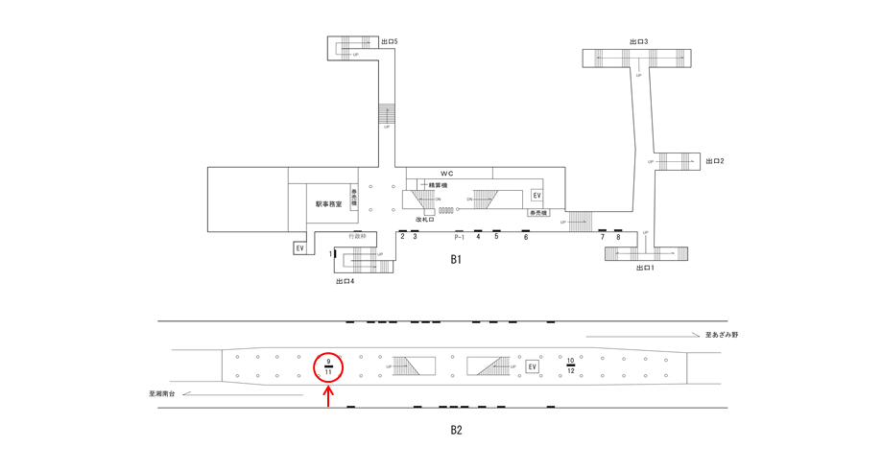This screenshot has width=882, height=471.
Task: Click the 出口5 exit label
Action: click(389, 42)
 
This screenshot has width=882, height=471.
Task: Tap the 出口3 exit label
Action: click(638, 42)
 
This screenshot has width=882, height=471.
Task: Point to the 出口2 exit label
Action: click(715, 161)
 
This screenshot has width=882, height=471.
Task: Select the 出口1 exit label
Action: click(645, 268)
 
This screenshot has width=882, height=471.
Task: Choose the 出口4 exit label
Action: click(346, 281)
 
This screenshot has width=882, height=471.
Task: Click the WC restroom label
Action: click(447, 173)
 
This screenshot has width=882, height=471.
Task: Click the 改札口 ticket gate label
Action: click(425, 220)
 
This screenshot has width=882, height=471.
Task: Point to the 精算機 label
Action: click(440, 185)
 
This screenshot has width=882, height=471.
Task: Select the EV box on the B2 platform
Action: click(533, 366)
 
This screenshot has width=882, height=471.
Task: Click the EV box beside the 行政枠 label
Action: click(299, 248)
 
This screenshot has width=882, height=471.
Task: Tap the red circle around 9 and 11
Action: click(329, 365)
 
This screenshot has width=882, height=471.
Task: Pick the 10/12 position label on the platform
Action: click(571, 365)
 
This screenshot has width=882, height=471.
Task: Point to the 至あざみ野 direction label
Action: click(721, 335)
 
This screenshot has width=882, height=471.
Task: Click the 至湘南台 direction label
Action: click(163, 393)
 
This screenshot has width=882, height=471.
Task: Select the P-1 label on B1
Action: click(459, 237)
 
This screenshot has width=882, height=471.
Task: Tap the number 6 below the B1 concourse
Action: click(526, 237)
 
